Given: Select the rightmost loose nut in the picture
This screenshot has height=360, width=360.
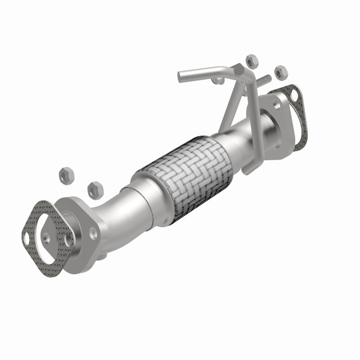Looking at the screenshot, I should (280, 71).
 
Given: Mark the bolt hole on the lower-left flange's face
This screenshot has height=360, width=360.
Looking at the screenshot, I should (69, 240).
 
